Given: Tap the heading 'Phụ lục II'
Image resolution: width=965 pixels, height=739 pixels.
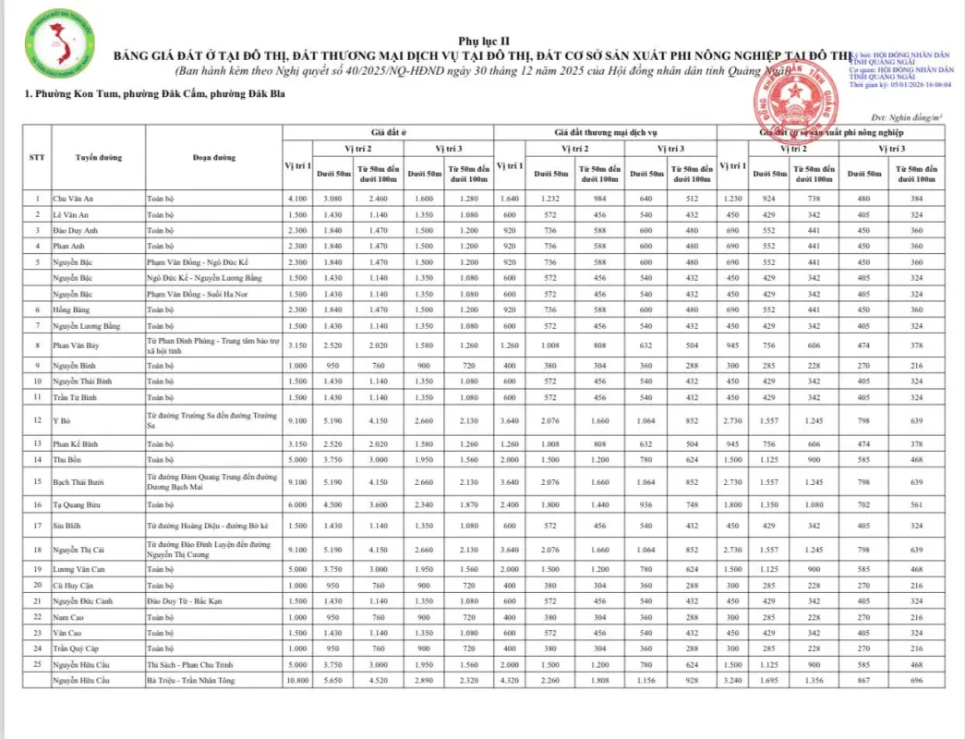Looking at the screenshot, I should (483, 42).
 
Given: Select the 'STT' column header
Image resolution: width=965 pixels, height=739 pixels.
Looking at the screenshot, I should (37, 157).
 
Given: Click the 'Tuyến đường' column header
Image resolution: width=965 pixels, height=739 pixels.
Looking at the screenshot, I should (98, 157).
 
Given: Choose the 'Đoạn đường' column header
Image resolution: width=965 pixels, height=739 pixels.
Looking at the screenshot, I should (214, 157).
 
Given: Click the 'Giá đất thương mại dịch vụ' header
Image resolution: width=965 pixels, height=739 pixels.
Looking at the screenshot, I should (606, 133).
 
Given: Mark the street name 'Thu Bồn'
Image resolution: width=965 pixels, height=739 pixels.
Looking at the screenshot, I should (66, 459).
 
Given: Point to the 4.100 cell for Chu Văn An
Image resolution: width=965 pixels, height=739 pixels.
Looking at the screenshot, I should (297, 199).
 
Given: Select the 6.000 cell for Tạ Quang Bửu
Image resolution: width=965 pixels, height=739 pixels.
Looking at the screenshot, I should (297, 505).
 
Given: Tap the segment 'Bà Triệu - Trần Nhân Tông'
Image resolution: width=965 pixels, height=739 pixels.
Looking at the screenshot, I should (190, 681).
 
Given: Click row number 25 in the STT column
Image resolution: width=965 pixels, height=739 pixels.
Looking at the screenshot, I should (37, 665).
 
